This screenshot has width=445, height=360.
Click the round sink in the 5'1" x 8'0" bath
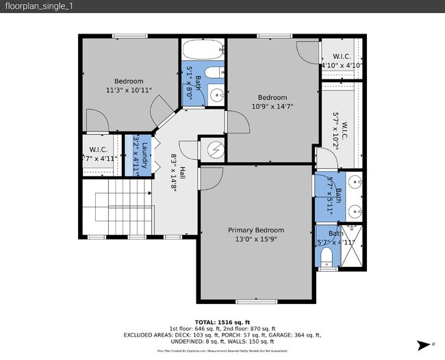(216, 94)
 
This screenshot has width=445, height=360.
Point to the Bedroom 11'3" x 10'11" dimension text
(129, 90)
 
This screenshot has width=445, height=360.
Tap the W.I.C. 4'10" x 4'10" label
(342, 61)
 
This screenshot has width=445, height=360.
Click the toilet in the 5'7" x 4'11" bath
(327, 256)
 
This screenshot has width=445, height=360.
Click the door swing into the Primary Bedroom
(210, 176)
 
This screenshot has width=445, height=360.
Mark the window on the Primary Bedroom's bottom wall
(254, 301)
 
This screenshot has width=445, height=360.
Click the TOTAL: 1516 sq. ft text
(222, 322)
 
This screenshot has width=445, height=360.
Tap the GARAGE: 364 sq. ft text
(298, 335)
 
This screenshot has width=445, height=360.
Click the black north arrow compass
(426, 344)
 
